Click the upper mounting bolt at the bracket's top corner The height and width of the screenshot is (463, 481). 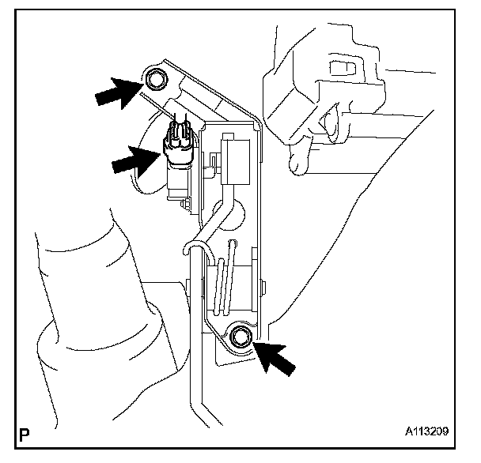coord(155,79)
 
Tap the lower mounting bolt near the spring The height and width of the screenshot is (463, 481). coord(241,338)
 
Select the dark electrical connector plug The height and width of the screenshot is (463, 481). coord(178,143)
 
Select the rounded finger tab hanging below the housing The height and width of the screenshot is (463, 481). coord(299,162)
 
